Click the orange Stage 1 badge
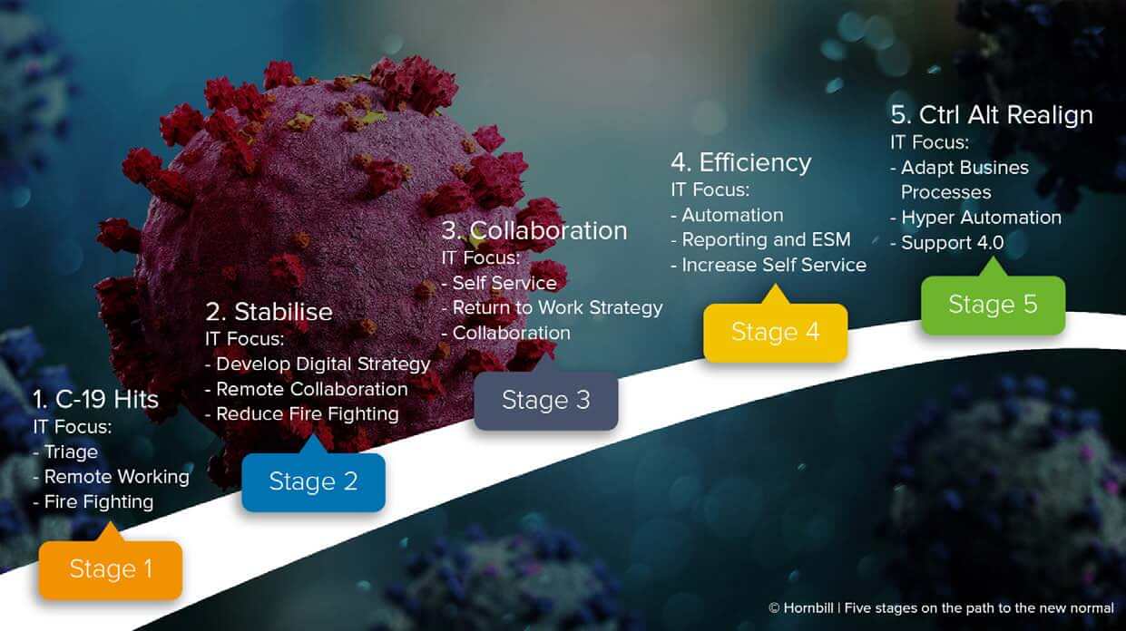[x=111, y=569]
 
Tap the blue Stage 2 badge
[x=314, y=481]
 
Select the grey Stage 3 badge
[x=546, y=401]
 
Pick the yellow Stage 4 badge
[x=776, y=332]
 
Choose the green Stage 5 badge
[x=994, y=305]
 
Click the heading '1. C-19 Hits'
[x=95, y=400]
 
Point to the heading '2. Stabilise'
[x=269, y=312]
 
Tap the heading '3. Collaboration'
[x=534, y=231]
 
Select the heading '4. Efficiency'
[x=741, y=163]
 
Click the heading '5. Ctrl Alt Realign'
[x=992, y=115]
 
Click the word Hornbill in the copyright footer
[x=808, y=608]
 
